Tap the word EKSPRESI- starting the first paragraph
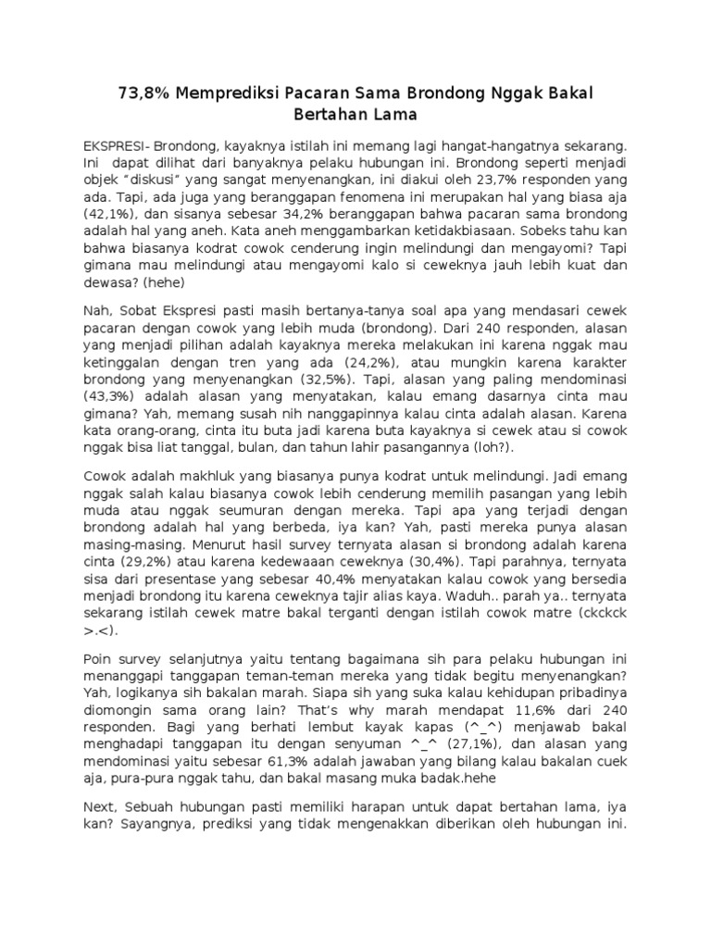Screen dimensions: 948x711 tap(117, 147)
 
